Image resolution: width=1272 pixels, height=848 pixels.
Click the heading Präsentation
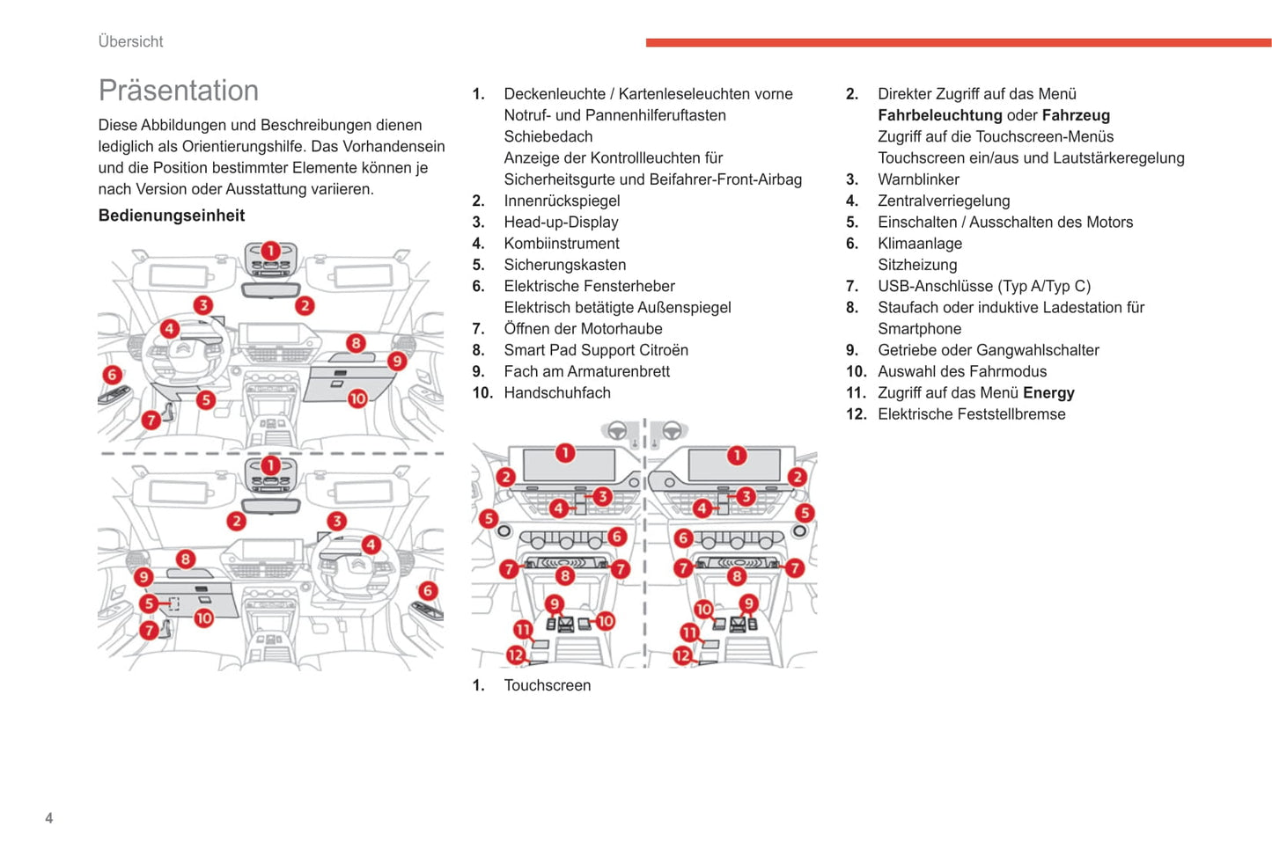click(x=179, y=91)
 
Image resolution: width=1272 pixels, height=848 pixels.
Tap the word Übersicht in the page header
click(x=130, y=41)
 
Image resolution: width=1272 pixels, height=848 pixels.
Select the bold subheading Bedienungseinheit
click(x=172, y=216)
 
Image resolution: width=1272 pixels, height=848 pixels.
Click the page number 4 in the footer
click(x=49, y=818)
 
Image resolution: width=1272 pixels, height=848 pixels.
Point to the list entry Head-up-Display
click(x=561, y=222)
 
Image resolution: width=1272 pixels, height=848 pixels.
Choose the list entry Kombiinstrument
click(x=562, y=244)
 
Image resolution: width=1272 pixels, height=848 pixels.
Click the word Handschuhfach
click(x=557, y=393)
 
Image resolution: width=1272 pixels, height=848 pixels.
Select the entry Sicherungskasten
click(x=565, y=265)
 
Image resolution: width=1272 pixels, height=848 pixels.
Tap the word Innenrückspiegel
click(x=562, y=201)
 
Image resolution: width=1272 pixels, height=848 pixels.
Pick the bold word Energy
click(x=1048, y=393)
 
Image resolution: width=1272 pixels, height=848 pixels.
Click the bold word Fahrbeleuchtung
click(x=940, y=115)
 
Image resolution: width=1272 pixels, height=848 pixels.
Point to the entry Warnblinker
click(x=918, y=179)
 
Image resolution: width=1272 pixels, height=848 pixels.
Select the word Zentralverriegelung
click(x=944, y=201)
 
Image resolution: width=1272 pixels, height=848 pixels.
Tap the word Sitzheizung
click(x=917, y=265)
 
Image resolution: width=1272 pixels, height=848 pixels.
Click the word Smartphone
click(x=919, y=329)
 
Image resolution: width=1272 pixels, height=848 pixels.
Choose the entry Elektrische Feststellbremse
click(x=972, y=414)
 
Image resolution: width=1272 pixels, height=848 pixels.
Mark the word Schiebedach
click(x=548, y=137)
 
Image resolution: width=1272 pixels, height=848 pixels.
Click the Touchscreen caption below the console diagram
click(x=548, y=685)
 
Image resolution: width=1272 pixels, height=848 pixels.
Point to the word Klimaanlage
click(x=920, y=244)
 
